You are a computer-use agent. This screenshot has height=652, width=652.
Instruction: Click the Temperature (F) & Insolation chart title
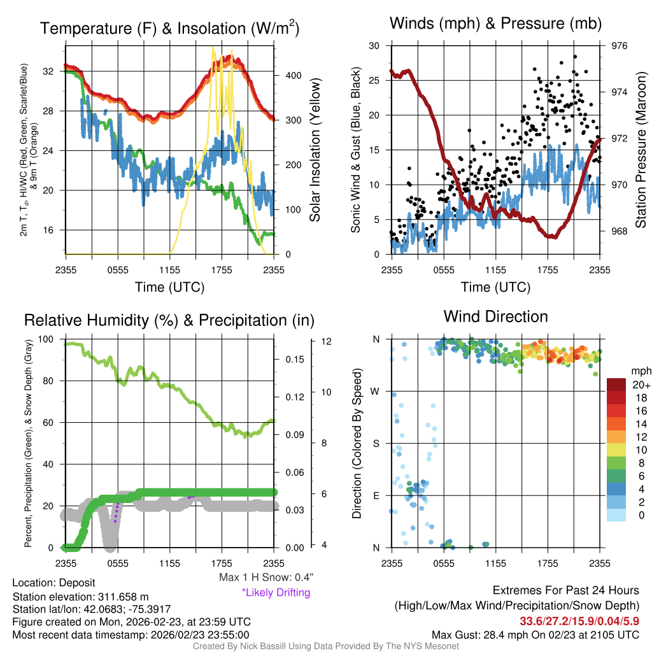169,29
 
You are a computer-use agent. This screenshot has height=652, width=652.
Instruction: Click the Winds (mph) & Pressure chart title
496,24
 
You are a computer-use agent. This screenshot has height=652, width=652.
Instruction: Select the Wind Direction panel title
495,316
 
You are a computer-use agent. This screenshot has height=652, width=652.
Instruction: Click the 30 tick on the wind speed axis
374,46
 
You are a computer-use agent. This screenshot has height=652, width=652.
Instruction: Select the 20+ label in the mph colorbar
639,385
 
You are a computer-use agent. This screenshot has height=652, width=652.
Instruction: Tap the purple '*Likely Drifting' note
276,593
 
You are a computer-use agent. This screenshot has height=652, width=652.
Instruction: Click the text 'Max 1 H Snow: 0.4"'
266,578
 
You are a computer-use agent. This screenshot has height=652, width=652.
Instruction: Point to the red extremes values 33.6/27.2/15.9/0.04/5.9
579,621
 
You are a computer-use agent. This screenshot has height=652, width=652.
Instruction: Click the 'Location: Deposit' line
53,583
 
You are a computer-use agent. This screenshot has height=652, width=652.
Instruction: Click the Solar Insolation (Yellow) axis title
315,150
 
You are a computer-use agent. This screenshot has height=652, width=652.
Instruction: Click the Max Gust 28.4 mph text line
535,634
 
